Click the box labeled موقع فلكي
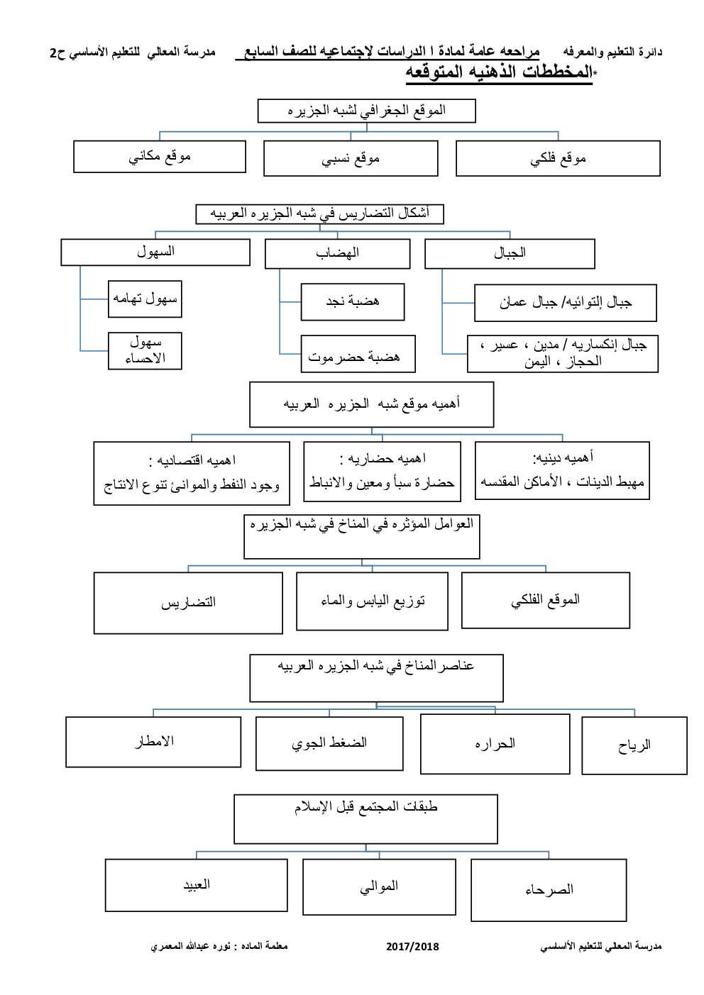click(558, 158)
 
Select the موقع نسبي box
click(351, 158)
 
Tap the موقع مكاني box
click(160, 156)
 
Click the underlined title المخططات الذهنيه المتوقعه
click(499, 72)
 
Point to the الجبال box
click(510, 253)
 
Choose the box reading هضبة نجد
click(353, 301)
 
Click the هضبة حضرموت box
click(358, 354)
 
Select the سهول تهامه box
click(145, 299)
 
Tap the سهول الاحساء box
click(145, 350)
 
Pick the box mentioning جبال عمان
click(565, 303)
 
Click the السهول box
click(155, 252)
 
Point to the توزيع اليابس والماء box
click(372, 601)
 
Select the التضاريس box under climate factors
click(188, 603)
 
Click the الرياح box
click(634, 745)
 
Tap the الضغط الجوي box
click(329, 743)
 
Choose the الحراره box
click(495, 743)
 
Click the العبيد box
click(197, 884)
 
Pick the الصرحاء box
click(549, 889)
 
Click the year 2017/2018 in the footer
click(412, 946)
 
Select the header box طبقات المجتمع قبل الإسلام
click(365, 818)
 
